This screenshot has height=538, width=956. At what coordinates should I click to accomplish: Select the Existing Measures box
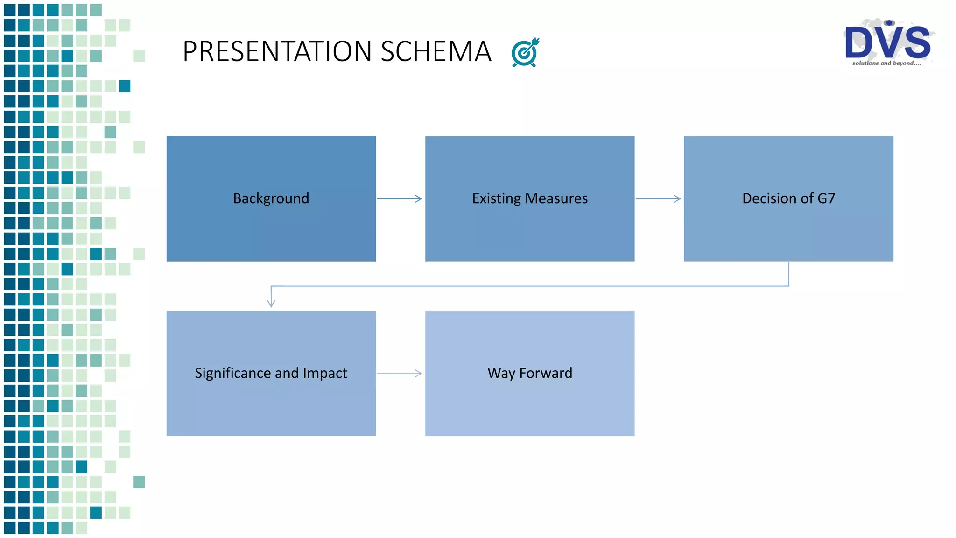[x=529, y=224]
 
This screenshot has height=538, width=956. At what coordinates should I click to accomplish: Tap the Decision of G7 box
[x=788, y=224]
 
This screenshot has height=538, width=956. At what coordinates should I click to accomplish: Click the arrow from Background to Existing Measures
[x=400, y=199]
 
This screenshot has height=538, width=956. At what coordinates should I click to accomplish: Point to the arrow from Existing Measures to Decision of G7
[x=658, y=199]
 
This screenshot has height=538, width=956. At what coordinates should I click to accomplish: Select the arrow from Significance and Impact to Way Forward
[x=400, y=373]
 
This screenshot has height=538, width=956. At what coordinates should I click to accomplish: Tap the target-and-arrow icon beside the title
[x=525, y=53]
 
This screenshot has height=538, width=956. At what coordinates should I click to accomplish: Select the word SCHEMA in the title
[x=436, y=51]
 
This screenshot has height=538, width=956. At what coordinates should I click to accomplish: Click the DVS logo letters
[x=887, y=42]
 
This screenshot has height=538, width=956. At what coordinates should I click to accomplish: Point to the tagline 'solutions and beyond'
[x=886, y=63]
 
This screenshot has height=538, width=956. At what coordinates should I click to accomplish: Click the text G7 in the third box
[x=826, y=198]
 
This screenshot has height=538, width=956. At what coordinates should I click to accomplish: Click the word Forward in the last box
[x=546, y=373]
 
